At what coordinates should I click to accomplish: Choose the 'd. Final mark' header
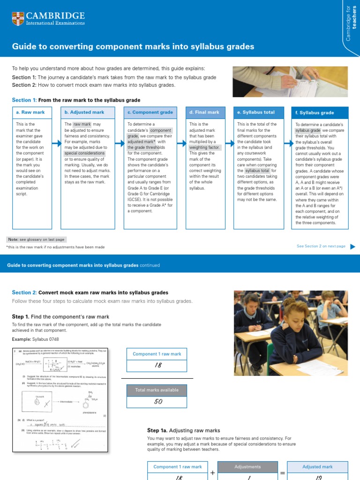[204, 112]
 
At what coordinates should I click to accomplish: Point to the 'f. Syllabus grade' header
[315, 113]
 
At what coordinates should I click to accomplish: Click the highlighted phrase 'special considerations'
[84, 153]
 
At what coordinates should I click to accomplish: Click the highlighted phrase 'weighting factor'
[204, 147]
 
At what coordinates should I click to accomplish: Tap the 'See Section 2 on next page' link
[321, 246]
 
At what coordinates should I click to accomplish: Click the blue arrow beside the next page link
[352, 246]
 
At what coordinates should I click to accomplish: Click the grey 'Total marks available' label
[157, 390]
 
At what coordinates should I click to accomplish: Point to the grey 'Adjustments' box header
[247, 467]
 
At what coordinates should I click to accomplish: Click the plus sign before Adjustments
[213, 473]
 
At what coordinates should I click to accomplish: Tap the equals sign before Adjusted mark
[283, 473]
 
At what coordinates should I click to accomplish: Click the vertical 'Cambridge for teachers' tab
[351, 23]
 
